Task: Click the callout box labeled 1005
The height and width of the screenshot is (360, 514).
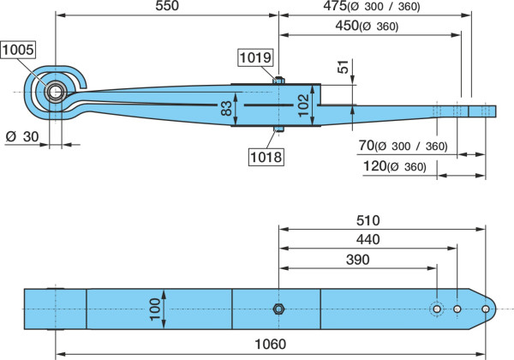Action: click(18, 50)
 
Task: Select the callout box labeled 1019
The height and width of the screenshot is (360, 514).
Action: click(255, 57)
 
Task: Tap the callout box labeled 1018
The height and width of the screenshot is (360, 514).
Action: click(266, 157)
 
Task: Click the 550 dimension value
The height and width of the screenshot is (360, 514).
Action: click(167, 6)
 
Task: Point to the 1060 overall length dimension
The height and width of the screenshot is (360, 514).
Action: click(271, 344)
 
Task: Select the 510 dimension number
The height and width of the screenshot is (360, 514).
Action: click(368, 220)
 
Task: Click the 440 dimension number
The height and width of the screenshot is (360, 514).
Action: click(368, 239)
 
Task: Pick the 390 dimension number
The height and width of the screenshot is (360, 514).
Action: click(358, 260)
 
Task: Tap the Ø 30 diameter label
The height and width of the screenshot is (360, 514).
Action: click(22, 136)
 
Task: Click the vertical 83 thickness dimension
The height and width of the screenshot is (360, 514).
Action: click(226, 108)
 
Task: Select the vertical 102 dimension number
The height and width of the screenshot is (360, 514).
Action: click(304, 105)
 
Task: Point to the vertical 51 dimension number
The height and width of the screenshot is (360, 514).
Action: click(343, 67)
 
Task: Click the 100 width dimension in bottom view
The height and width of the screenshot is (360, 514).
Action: click(154, 309)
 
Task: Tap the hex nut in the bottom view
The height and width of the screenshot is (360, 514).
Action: click(278, 309)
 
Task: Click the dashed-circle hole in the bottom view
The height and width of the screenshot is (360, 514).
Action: click(437, 309)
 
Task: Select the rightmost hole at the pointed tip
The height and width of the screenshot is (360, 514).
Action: click(486, 309)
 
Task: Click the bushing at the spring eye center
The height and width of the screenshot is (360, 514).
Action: click(56, 92)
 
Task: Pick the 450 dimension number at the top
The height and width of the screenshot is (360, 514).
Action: click(347, 25)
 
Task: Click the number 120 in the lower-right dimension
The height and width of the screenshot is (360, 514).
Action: click(374, 166)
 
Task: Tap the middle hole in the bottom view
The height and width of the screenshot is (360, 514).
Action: click(457, 309)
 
